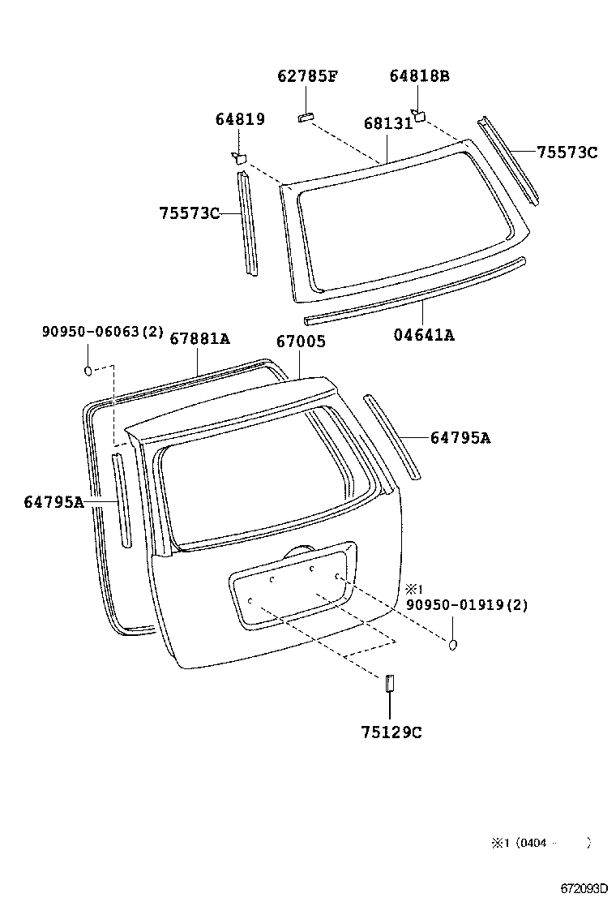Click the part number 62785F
click(307, 77)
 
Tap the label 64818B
click(419, 77)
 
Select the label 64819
click(240, 120)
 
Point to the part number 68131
click(387, 124)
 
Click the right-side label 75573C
click(567, 152)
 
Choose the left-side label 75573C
click(190, 213)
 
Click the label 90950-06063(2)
click(103, 332)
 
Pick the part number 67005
click(301, 342)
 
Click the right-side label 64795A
click(460, 438)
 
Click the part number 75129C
click(391, 732)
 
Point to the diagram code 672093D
click(582, 889)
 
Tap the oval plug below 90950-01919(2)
click(453, 644)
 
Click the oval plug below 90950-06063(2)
click(88, 372)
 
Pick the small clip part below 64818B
click(419, 114)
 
